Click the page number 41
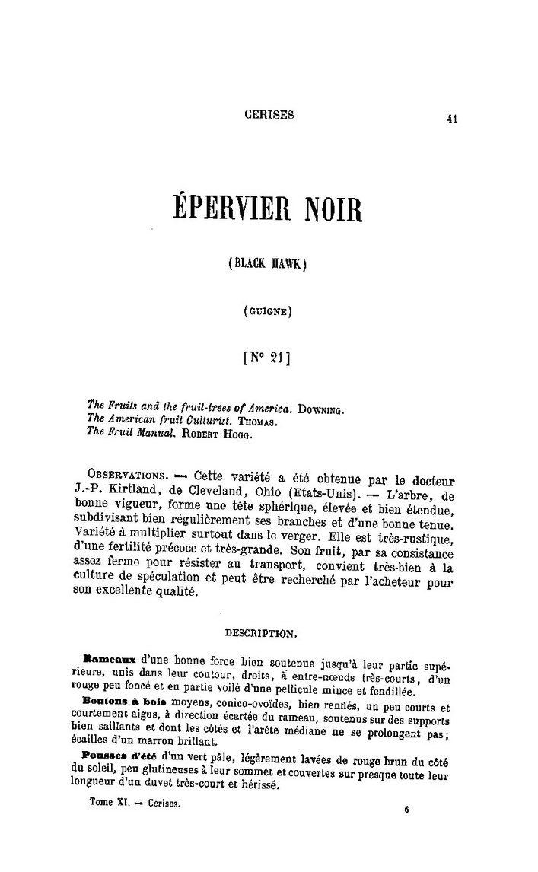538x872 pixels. click(451, 118)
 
